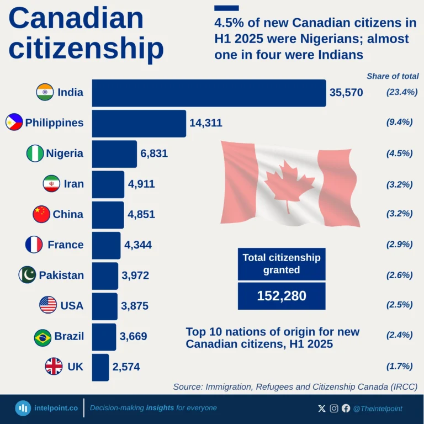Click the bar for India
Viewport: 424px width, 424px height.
point(209,93)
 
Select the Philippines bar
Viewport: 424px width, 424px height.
point(139,123)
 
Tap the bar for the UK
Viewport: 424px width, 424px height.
point(100,367)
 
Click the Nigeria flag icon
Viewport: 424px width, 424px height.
point(35,153)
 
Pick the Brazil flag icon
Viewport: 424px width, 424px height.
point(43,337)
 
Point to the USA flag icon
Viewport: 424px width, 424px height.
point(48,305)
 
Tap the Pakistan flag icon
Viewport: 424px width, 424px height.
point(27,275)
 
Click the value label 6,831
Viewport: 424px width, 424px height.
point(154,153)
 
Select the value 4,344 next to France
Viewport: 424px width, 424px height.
point(138,245)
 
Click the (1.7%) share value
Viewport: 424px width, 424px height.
point(400,365)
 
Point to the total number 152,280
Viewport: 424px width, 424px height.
point(282,296)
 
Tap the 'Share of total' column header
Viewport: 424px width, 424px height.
point(393,76)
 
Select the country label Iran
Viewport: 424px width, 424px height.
point(74,184)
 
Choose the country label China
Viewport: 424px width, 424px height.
point(68,214)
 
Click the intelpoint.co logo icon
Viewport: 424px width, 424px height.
point(23,409)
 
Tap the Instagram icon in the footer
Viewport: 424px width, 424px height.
point(334,409)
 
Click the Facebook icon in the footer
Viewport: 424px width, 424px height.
point(346,409)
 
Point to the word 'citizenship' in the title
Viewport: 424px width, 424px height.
point(86,48)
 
